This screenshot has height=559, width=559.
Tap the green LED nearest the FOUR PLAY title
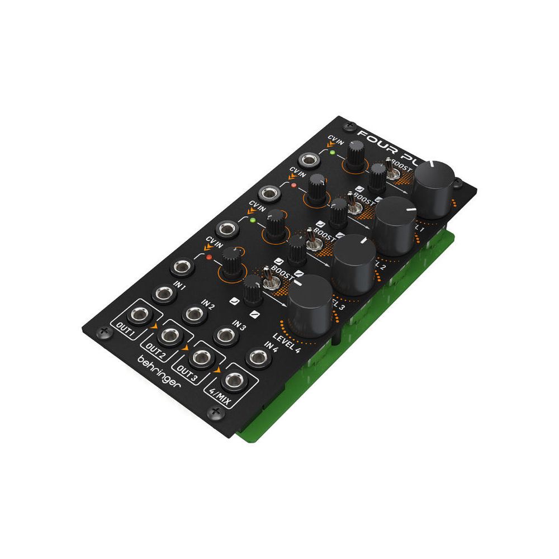click(331, 152)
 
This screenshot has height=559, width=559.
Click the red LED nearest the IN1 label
click(209, 258)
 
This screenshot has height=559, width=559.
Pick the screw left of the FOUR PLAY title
click(349, 126)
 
